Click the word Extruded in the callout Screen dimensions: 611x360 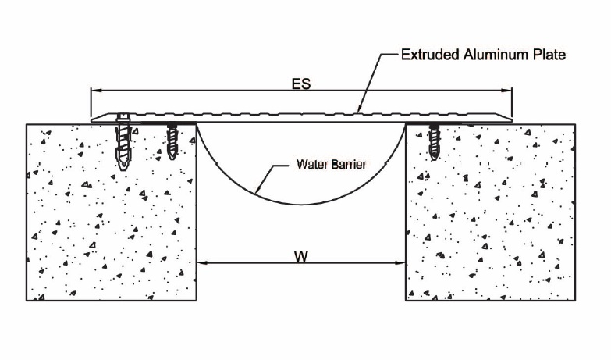(430, 55)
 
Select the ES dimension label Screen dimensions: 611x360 (301, 84)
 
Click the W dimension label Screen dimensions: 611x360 (301, 256)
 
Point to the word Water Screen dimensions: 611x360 (311, 164)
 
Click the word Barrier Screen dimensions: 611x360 (347, 164)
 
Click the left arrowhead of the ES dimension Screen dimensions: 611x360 (96, 91)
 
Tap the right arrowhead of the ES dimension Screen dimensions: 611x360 (506, 91)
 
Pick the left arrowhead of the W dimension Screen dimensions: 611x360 (203, 263)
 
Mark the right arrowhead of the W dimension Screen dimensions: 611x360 (400, 263)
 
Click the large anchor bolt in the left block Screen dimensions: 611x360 (123, 142)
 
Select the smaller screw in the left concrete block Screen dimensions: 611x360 (172, 141)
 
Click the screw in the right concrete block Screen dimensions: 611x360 (434, 141)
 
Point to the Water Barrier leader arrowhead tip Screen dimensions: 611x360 (254, 194)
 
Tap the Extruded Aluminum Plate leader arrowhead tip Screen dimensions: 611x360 (357, 112)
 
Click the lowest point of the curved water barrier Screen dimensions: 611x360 (301, 205)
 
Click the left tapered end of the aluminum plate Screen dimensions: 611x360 (91, 120)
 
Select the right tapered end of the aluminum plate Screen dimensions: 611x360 (512, 119)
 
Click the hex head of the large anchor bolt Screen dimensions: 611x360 (124, 116)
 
